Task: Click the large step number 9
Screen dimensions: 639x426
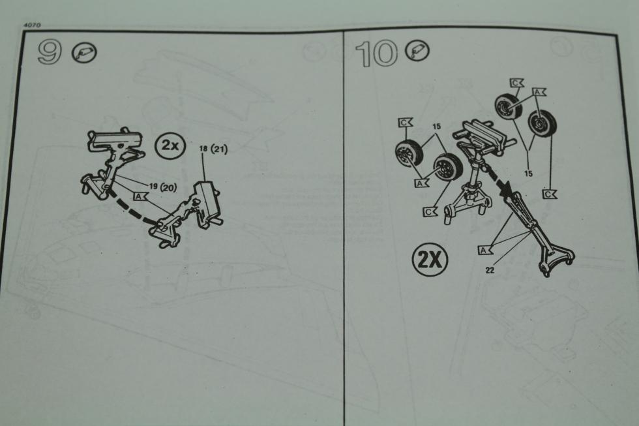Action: point(50,52)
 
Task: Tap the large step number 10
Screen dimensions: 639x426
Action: point(376,53)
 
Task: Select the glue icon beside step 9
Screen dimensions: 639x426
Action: point(84,53)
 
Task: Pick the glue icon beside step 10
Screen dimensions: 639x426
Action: point(417,50)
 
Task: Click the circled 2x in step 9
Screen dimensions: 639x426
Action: point(170,145)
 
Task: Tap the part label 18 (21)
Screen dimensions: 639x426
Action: point(213,149)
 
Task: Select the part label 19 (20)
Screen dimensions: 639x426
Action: point(163,187)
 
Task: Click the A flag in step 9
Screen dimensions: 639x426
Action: point(140,196)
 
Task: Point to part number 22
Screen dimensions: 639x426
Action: point(490,269)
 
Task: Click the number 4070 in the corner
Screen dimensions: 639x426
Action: point(33,25)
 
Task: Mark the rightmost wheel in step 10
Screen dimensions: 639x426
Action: point(542,125)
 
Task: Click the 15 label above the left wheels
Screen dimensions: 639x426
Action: point(436,127)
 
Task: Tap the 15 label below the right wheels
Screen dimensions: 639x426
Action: point(528,174)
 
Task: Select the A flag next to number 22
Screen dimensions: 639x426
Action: point(485,250)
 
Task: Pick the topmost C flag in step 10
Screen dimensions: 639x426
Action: point(516,83)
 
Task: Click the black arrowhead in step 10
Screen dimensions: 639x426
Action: point(505,188)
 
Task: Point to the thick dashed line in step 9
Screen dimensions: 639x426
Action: point(130,208)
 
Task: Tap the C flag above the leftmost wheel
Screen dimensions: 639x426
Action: point(405,123)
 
